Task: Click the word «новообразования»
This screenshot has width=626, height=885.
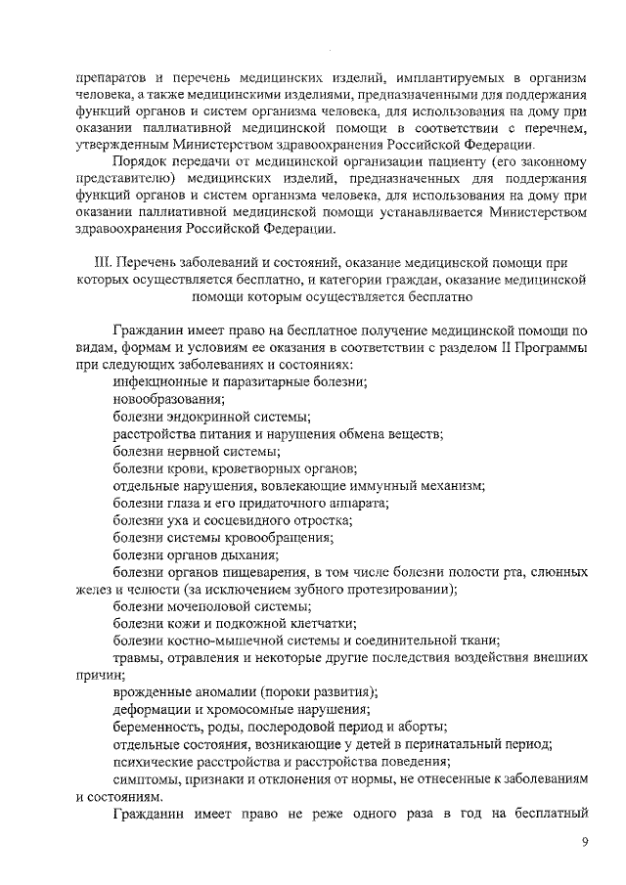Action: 169,399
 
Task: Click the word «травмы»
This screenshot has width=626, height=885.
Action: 138,658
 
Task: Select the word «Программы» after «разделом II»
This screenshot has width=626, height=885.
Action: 554,348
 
